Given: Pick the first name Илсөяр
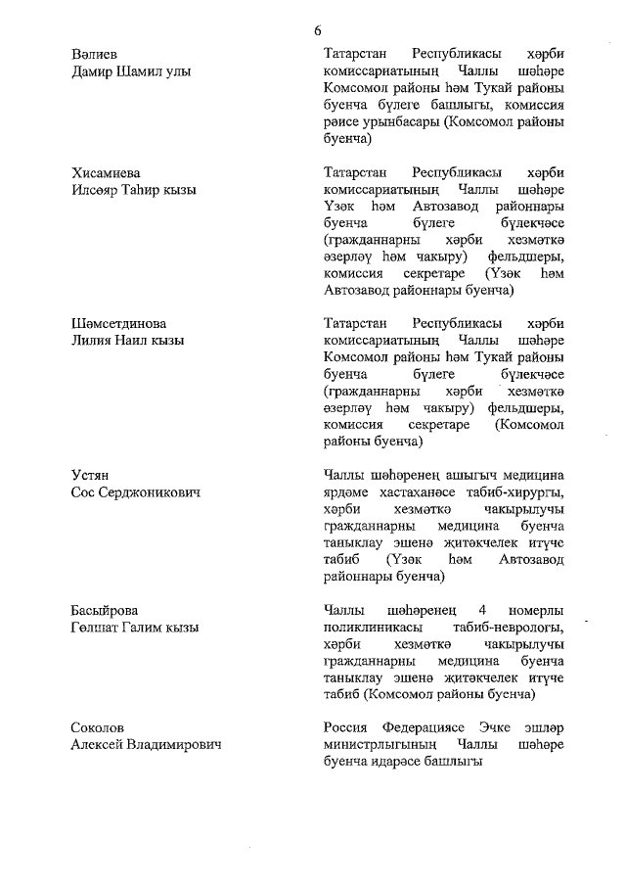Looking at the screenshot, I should (x=98, y=189).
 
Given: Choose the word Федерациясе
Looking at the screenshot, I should (x=431, y=727).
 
